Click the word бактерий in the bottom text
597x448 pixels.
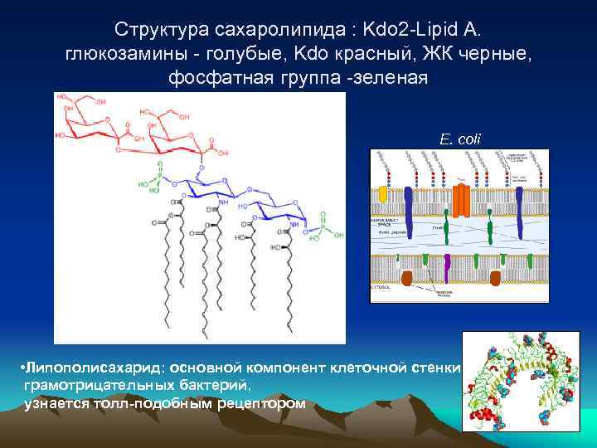coord(216,385)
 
